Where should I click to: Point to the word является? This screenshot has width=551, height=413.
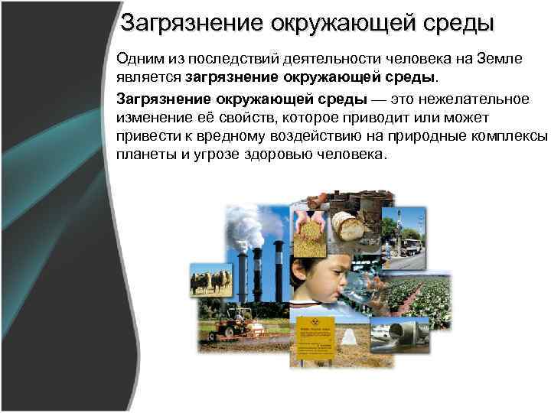(x=148, y=79)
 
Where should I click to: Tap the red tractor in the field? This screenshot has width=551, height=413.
(x=229, y=326)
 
